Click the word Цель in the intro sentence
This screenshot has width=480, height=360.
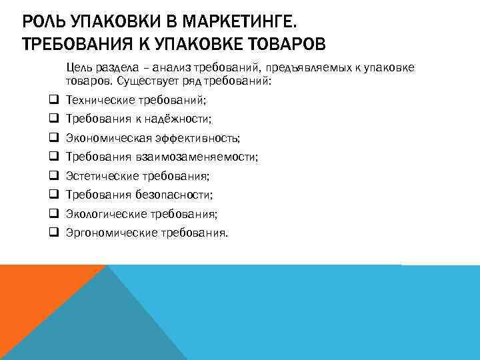tap(77, 68)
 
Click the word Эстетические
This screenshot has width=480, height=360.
tap(102, 177)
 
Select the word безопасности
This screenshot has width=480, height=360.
tap(178, 195)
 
